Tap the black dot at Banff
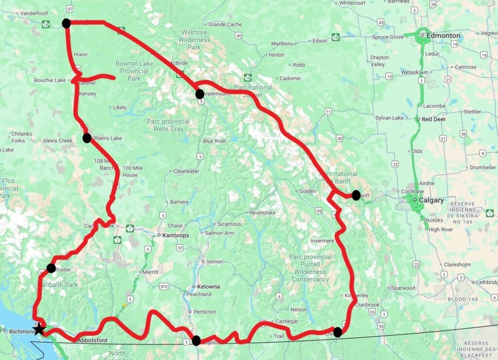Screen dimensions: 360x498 tap(356, 195)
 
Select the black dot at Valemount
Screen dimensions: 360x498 tap(199, 94)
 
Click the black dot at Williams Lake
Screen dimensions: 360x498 tap(87, 138)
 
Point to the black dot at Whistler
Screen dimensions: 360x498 tap(51, 268)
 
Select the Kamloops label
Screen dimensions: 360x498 tap(175, 235)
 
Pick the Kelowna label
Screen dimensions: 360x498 tap(208, 287)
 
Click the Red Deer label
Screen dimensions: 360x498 tap(433, 119)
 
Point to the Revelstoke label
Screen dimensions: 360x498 tap(263, 213)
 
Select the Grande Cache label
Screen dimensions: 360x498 tap(225, 24)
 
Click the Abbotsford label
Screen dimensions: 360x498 tap(92, 341)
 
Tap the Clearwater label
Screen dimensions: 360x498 tap(186, 171)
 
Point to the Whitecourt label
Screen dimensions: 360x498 tap(352, 3)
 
